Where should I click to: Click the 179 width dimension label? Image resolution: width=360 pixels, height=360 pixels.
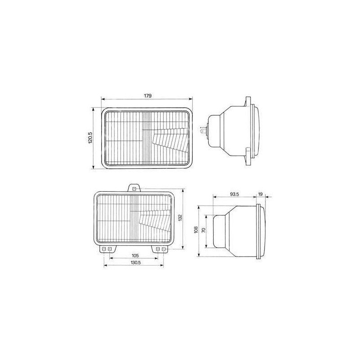[148, 96]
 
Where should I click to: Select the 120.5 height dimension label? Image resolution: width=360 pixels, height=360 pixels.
[90, 138]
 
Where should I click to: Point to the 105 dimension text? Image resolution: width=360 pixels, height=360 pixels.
[135, 256]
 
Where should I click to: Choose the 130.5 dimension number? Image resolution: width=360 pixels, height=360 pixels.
[135, 263]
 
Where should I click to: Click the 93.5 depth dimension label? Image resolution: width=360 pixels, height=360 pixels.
[234, 194]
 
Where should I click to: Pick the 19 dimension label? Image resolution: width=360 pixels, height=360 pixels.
[260, 194]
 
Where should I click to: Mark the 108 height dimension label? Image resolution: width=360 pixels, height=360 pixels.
[196, 230]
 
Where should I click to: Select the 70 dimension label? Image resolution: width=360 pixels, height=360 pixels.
[203, 230]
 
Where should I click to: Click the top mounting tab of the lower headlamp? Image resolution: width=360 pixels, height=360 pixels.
[134, 188]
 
